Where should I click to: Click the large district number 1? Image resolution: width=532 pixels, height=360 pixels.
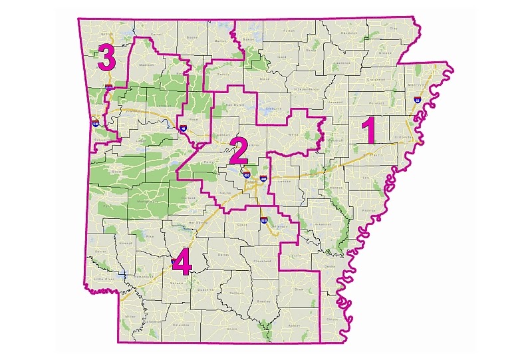click(x=368, y=130)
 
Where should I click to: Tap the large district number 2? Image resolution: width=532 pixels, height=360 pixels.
click(x=238, y=152)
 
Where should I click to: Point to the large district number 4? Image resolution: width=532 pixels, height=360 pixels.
click(x=181, y=263)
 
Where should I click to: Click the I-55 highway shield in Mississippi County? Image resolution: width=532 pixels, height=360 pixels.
click(x=417, y=100)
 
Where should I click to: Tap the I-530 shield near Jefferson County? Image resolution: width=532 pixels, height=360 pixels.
click(x=264, y=220)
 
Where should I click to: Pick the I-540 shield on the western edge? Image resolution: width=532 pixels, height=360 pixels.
click(x=96, y=123)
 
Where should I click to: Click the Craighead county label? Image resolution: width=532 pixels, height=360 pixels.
click(x=376, y=79)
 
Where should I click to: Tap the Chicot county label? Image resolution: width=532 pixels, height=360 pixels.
click(x=332, y=319)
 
